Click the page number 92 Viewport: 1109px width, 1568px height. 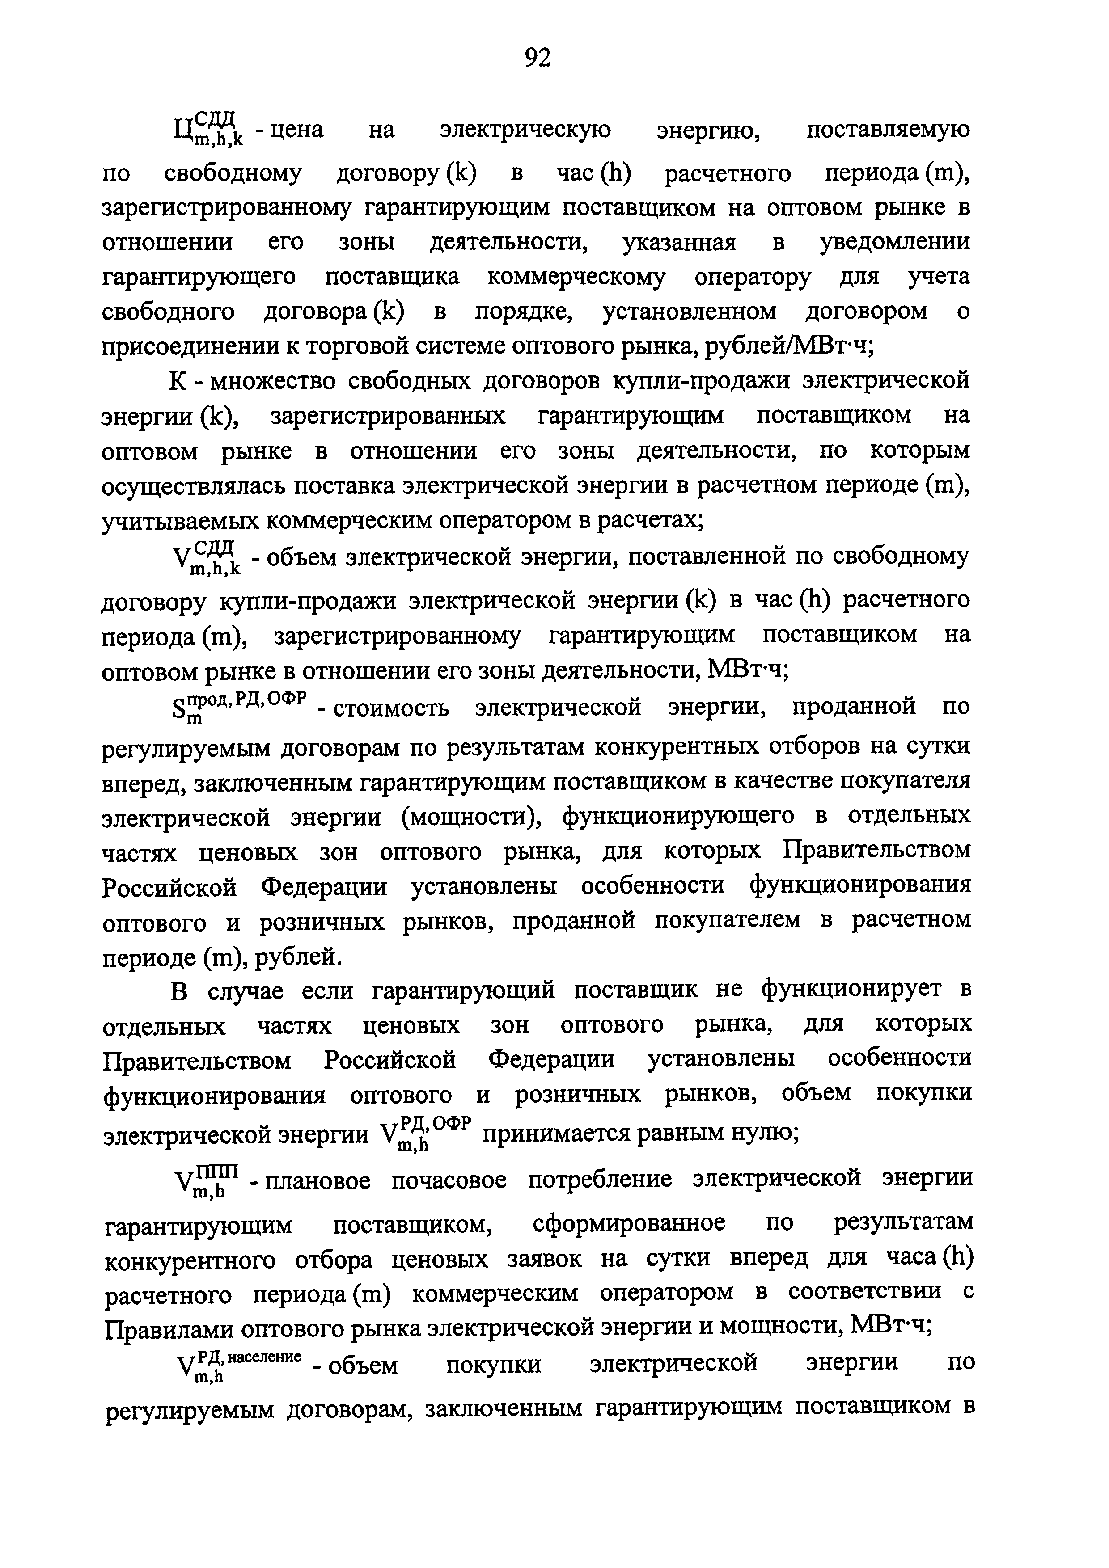pos(537,59)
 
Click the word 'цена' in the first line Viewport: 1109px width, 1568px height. pos(297,130)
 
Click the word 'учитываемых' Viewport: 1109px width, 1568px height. pos(176,521)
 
